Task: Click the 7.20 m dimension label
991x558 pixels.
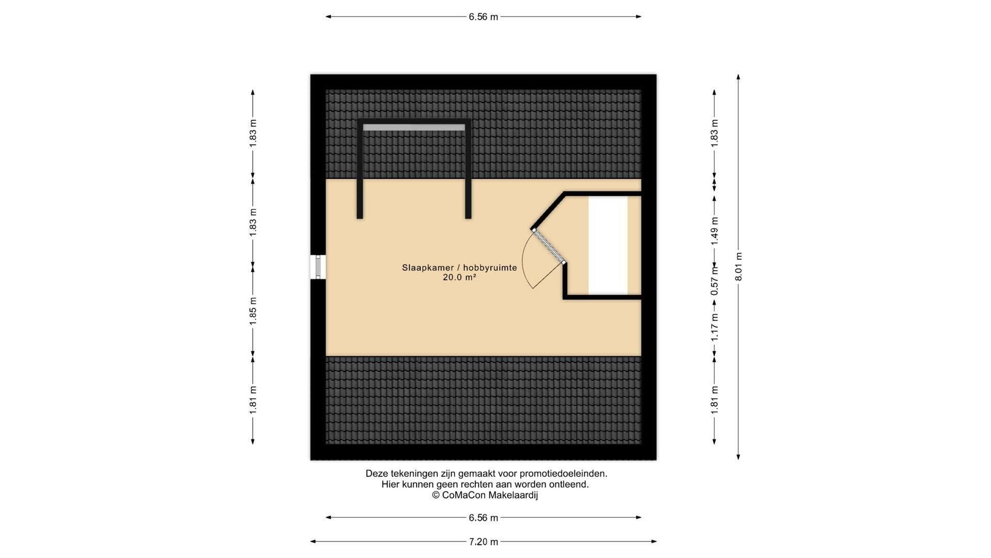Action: coord(483,542)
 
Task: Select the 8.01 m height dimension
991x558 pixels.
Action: coord(739,267)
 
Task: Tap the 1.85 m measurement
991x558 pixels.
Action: coord(253,311)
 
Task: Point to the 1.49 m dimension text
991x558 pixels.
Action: coord(715,230)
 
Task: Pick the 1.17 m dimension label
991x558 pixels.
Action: coord(715,328)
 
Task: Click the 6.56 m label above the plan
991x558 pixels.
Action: coord(483,17)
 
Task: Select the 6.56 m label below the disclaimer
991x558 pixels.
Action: coord(483,518)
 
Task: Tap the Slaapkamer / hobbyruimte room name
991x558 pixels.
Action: coord(459,268)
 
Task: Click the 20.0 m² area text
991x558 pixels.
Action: coord(459,277)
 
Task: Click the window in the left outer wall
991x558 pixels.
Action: coord(318,267)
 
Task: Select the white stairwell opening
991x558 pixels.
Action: coord(608,245)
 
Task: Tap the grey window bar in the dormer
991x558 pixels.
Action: coord(414,127)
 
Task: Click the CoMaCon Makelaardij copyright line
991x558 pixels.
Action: coord(485,495)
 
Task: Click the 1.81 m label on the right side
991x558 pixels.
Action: coord(715,400)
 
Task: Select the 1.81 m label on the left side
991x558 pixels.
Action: coord(253,400)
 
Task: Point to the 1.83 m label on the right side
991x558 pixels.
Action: coord(715,133)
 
